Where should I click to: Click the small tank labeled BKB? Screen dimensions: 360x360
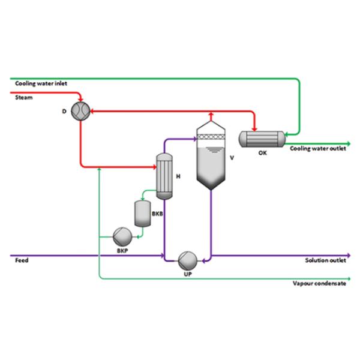tap(142, 212)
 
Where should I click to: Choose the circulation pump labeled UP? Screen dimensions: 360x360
tap(188, 259)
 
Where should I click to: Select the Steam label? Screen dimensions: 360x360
tap(23, 98)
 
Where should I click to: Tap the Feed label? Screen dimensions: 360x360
tap(22, 260)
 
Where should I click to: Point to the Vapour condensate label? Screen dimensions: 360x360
tap(320, 284)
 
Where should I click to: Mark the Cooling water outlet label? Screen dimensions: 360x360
tap(318, 149)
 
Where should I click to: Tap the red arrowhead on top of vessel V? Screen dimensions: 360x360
tap(211, 114)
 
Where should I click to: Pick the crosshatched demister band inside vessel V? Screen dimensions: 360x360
tap(211, 136)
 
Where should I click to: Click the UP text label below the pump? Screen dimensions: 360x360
tap(187, 274)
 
